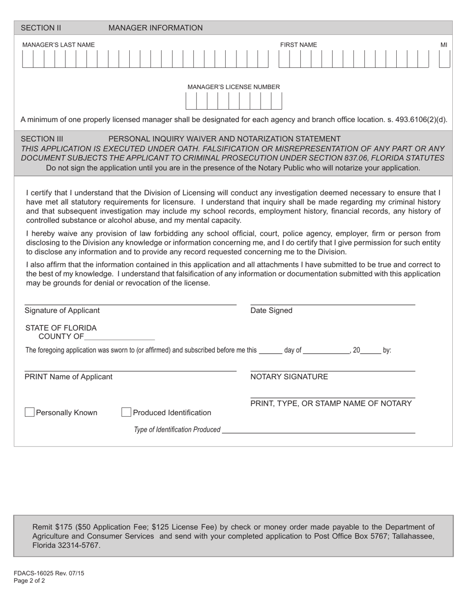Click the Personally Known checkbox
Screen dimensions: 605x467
pos(29,412)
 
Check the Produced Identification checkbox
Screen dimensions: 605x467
pos(126,412)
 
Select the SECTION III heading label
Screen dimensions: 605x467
pos(42,139)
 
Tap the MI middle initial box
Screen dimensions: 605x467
pos(444,60)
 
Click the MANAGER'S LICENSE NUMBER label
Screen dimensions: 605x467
pos(233,87)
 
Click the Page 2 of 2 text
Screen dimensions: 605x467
pos(29,580)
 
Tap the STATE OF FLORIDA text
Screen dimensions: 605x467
pos(61,328)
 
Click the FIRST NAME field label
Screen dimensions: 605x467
pos(298,45)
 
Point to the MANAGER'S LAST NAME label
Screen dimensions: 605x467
pos(58,45)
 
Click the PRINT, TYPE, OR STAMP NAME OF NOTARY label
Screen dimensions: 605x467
pos(331,404)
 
